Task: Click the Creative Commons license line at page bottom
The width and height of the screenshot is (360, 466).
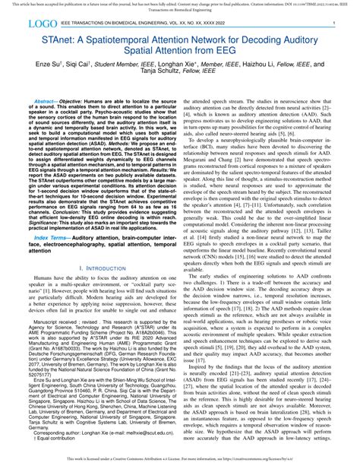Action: coord(179,459)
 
